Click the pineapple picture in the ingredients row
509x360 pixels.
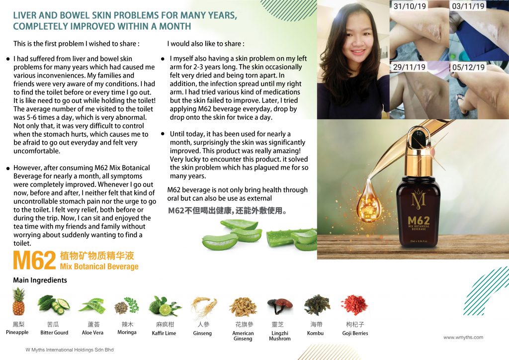(18, 301)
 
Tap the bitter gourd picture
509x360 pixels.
(54, 305)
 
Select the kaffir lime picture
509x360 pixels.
(164, 305)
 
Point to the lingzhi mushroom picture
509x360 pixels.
(280, 306)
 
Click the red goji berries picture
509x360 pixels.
(354, 305)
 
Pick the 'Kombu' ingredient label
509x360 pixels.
(315, 333)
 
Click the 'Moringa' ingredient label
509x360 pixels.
(127, 333)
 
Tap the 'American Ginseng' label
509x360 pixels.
(243, 336)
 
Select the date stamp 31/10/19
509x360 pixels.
(410, 6)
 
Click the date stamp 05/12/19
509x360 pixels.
(468, 67)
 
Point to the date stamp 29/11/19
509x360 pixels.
(409, 67)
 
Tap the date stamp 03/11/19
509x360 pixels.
(468, 6)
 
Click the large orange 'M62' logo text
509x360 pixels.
(34, 261)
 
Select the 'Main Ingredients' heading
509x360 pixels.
(40, 280)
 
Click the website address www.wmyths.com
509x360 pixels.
(463, 337)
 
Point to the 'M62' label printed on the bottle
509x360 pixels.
(419, 221)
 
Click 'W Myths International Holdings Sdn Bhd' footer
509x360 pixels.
(70, 350)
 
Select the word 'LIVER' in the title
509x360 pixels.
(25, 15)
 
